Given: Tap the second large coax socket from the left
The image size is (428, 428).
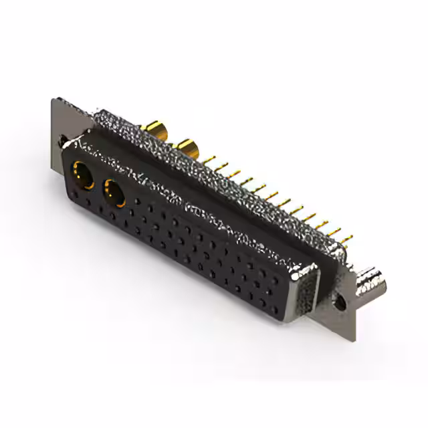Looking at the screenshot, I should point(113,194).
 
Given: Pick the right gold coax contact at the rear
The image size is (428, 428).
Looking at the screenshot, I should point(186,147).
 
